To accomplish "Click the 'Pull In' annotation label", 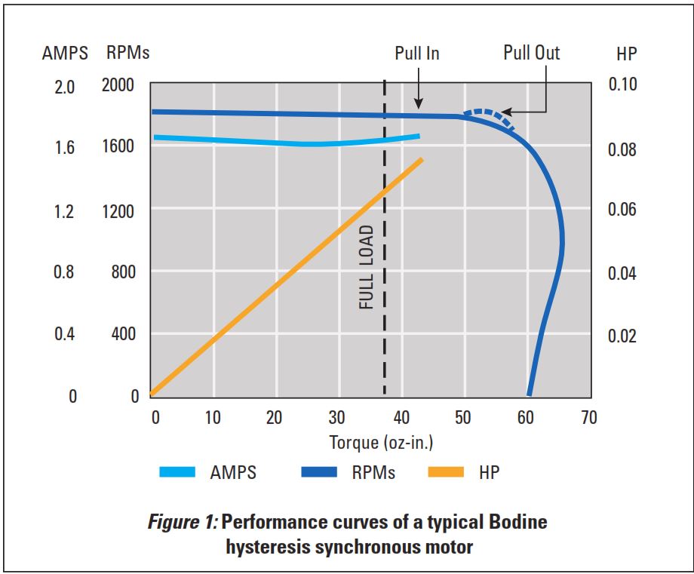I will point(416,54).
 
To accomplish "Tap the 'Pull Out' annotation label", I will point(532,53).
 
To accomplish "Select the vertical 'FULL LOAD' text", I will point(366,267).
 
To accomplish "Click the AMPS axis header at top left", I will point(65,54).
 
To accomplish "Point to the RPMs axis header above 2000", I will point(127,54).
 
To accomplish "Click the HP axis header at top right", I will point(628,54).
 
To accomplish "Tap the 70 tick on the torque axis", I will point(588,418).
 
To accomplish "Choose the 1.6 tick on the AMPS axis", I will point(65,148).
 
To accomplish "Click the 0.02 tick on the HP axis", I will point(622,336).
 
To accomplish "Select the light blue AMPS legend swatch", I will point(178,473).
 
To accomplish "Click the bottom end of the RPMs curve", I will point(530,392).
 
